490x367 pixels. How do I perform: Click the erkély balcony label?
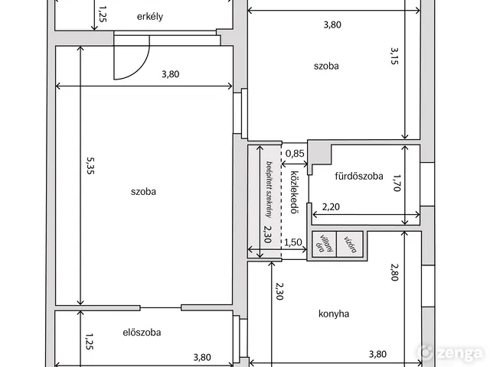click(150, 17)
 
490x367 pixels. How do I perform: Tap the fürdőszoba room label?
click(359, 177)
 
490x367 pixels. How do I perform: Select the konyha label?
click(334, 313)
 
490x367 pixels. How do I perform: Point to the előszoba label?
click(142, 333)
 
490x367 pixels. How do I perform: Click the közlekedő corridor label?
click(293, 192)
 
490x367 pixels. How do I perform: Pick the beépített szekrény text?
click(268, 189)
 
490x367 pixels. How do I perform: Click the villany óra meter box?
click(325, 245)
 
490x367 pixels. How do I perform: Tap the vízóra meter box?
click(350, 245)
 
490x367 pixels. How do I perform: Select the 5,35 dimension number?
click(90, 165)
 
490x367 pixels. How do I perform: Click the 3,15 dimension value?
click(394, 56)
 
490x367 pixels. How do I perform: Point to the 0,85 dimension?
click(295, 154)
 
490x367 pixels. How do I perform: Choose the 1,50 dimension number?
click(293, 242)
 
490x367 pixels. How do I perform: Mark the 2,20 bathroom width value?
click(331, 207)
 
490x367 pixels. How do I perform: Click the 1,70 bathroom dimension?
click(396, 183)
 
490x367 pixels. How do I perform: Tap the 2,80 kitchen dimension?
click(395, 272)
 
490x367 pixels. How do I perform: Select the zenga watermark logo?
click(450, 352)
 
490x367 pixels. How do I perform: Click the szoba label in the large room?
click(143, 192)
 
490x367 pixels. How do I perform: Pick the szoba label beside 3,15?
click(326, 67)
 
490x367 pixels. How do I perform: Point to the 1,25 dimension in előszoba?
click(90, 342)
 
